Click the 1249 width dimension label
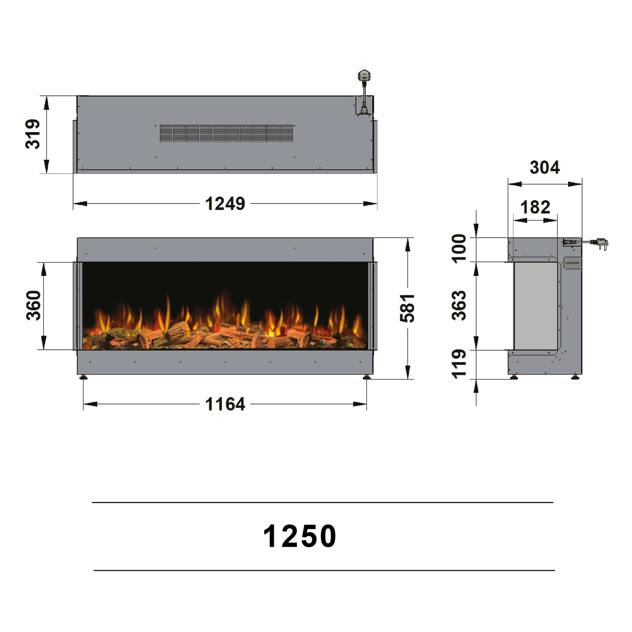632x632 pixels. (x=225, y=204)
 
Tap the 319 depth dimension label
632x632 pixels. (x=33, y=134)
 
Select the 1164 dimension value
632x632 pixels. (x=225, y=404)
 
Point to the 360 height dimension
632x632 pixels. (x=33, y=305)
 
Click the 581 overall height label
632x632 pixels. (x=407, y=308)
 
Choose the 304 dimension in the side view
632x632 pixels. (x=545, y=168)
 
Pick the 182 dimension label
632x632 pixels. (x=535, y=207)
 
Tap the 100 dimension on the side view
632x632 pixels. (x=459, y=249)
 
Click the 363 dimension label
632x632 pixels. (x=459, y=305)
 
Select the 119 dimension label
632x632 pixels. (x=459, y=364)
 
